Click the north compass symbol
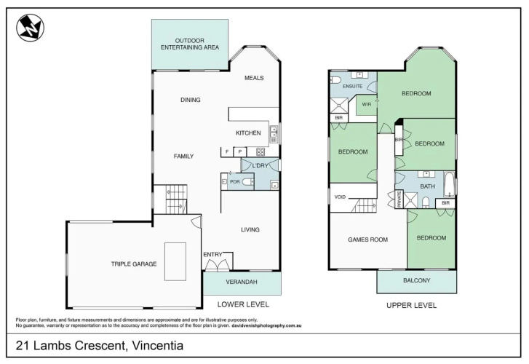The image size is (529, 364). pyautogui.click(x=31, y=28)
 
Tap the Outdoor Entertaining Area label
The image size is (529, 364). pyautogui.click(x=190, y=44)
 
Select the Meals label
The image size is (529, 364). pyautogui.click(x=254, y=78)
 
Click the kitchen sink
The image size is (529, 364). pyautogui.click(x=274, y=132)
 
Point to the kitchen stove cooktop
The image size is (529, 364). pyautogui.click(x=260, y=151)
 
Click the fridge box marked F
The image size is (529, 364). pyautogui.click(x=227, y=152)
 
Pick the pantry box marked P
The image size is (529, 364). pyautogui.click(x=240, y=152)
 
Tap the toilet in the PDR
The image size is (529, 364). pyautogui.click(x=248, y=182)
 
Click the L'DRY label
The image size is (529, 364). pyautogui.click(x=260, y=165)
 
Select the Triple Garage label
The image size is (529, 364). pyautogui.click(x=134, y=264)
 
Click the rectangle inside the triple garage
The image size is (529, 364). pyautogui.click(x=175, y=261)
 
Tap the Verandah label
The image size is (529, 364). pyautogui.click(x=242, y=282)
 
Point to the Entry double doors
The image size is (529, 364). pyautogui.click(x=218, y=265)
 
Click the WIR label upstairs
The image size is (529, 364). pyautogui.click(x=367, y=104)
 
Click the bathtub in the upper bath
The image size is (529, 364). pyautogui.click(x=450, y=184)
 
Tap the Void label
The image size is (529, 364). pyautogui.click(x=340, y=197)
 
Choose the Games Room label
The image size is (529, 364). pyautogui.click(x=367, y=240)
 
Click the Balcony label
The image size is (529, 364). pyautogui.click(x=417, y=280)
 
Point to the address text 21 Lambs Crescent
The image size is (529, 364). pyautogui.click(x=70, y=345)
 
